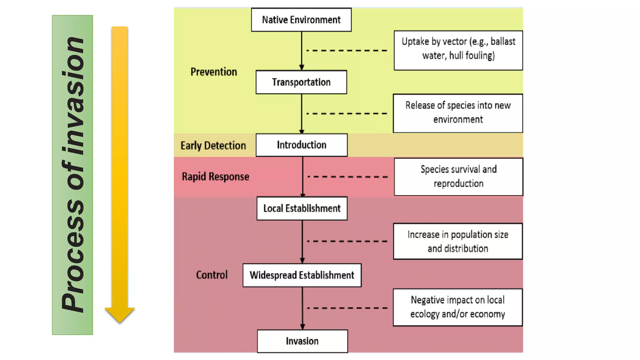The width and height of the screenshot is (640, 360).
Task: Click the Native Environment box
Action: (301, 20)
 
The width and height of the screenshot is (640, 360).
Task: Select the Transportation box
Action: (301, 82)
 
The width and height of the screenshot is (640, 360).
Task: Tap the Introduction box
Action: (301, 145)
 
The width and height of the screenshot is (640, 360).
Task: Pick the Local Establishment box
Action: (302, 208)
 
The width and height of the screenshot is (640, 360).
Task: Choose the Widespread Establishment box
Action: (302, 275)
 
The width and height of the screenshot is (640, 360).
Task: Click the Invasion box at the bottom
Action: (302, 341)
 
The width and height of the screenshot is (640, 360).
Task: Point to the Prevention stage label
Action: (214, 72)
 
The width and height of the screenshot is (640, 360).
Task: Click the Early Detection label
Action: (213, 146)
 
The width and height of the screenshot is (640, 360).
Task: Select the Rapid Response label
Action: (215, 177)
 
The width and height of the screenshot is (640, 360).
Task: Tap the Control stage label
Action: (212, 275)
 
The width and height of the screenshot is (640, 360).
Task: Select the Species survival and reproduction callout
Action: (458, 177)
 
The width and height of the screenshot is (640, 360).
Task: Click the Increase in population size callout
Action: (458, 241)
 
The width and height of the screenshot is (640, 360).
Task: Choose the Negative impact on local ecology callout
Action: (457, 307)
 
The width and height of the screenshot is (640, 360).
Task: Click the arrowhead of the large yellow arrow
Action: (120, 314)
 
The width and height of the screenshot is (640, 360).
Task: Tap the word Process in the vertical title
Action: (73, 256)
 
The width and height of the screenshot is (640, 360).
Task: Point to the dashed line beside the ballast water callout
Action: (347, 50)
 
